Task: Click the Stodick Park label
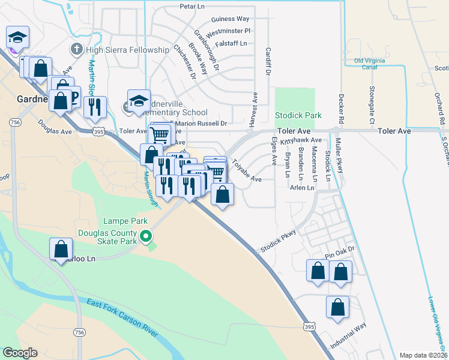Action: point(298,115)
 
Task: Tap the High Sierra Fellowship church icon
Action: point(76,49)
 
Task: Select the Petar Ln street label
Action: point(193,7)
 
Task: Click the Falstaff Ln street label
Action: point(231,44)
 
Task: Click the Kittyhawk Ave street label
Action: point(306,140)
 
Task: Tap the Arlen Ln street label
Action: point(302,188)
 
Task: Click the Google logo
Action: point(20,352)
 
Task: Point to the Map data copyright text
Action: point(423,355)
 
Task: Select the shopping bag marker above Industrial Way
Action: point(338,307)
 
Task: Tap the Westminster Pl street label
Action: point(228,31)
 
